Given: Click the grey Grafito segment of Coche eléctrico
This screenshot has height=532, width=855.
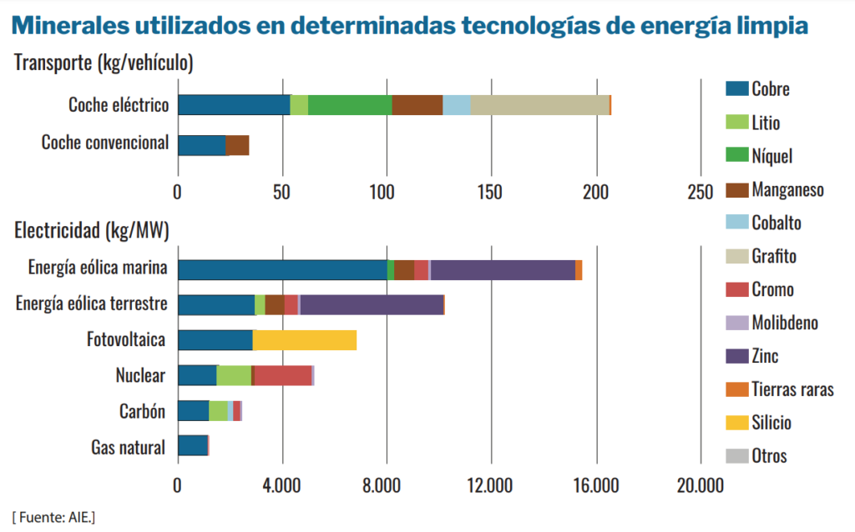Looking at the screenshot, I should point(539,105).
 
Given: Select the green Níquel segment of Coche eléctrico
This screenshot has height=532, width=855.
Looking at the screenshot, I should point(350,105).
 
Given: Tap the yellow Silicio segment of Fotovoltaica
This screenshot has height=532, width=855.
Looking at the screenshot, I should point(304,340).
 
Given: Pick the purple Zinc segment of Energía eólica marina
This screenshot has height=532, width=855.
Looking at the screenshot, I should point(503,270).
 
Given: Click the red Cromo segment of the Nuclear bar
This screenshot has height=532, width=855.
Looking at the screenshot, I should point(283,375).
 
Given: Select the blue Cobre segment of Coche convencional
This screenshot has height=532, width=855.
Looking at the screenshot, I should point(201,145).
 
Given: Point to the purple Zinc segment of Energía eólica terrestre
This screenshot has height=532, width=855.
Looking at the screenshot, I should point(372,305).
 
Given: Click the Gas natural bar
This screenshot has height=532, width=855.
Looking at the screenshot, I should point(193,445).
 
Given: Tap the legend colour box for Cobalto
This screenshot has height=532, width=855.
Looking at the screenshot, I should point(736,223).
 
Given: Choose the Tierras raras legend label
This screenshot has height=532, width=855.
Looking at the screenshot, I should point(792,389).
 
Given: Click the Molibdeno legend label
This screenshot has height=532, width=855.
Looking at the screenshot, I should point(785,323).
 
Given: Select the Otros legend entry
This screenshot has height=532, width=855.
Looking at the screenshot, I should point(769,456).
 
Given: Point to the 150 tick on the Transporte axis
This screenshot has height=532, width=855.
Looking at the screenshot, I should point(491,192).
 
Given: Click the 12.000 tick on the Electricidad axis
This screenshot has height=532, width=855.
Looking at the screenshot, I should point(491,485).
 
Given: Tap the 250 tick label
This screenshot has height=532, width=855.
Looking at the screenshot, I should point(700,192).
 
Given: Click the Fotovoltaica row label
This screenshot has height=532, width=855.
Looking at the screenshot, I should point(126,340).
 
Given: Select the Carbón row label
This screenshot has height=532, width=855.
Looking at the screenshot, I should point(142,411).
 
